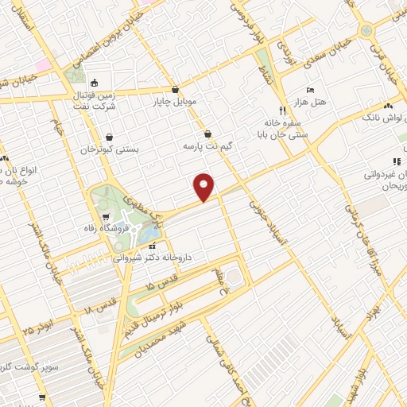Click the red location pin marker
point(204,186)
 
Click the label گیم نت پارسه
point(207,147)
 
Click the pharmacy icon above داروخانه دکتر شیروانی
point(153,246)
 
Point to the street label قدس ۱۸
point(101,301)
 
